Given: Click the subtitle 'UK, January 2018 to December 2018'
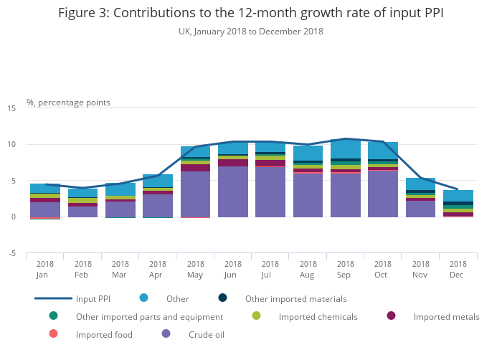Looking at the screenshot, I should [x=251, y=32].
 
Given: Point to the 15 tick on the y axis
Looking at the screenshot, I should [x=11, y=108].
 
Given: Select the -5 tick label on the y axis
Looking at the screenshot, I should [x=11, y=253].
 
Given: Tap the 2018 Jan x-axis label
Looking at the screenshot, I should [x=45, y=269].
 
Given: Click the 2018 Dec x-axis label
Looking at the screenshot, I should [x=458, y=269].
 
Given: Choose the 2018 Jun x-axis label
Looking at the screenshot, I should [x=232, y=269].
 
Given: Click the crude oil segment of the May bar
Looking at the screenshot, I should [x=195, y=194].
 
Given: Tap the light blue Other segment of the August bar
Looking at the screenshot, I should [x=308, y=153].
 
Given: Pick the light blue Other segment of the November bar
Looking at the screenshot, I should [x=420, y=184].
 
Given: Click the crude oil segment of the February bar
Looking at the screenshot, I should [x=82, y=212].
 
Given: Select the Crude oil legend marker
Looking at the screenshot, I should [x=166, y=333].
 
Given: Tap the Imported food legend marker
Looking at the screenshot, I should [x=53, y=333].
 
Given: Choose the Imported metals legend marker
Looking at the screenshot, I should [x=391, y=316].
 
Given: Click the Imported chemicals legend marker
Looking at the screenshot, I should [x=256, y=316].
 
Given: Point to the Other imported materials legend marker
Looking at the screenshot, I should [x=222, y=298].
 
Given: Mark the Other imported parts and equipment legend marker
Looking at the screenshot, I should [x=53, y=316].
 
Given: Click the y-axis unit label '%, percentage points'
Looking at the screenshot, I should [x=68, y=103].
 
